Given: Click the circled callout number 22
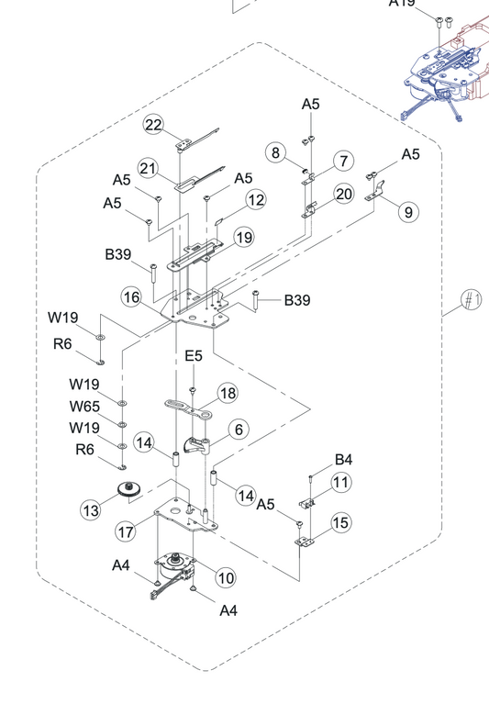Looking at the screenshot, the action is coord(153,125).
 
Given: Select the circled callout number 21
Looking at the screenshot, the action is coord(148,168).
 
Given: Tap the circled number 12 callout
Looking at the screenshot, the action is coord(256,200).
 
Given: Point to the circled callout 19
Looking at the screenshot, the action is coord(244,238).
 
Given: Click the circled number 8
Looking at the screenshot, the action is coord(276,152).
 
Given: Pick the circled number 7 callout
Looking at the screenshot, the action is coord(344,161).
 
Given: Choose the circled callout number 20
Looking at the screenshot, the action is coord(344,194).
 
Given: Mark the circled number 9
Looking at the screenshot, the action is coord(408,211).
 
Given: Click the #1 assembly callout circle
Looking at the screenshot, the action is coord(472,300).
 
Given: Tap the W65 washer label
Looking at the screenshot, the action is coord(84,407).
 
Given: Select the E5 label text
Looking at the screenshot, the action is coord(194,356).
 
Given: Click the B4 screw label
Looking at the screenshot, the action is coord(343,459).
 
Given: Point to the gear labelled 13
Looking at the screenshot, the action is coord(128,489).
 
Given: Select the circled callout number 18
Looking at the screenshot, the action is coord(228,394).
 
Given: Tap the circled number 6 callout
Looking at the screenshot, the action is coord(239,430).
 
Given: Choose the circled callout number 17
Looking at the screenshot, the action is coord(126,532).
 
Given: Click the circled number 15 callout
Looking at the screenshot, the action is coord(341,522).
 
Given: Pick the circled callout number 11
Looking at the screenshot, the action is coord(341,482).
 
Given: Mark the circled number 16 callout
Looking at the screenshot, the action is coord(131,297).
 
